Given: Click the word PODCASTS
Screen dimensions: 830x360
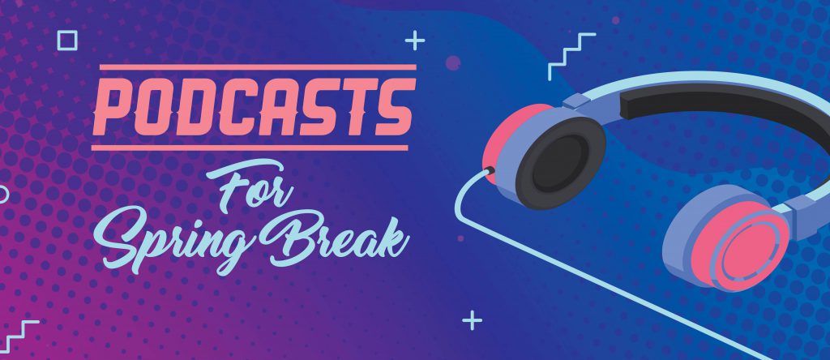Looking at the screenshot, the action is (x=254, y=107).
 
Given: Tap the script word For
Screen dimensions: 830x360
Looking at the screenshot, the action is (x=250, y=186).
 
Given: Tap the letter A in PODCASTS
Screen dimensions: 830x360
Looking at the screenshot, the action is (x=280, y=107).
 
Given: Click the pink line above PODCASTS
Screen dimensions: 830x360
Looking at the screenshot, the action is (x=258, y=67).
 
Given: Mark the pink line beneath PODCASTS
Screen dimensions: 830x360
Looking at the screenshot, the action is (x=250, y=148).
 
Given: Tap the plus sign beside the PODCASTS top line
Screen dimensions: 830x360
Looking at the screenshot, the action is (x=415, y=41).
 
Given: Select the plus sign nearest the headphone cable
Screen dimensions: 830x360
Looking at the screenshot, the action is (x=472, y=320).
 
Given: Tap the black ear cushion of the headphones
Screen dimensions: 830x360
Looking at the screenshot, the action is (x=560, y=163).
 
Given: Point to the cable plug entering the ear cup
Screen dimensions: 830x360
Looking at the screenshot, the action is (x=490, y=170).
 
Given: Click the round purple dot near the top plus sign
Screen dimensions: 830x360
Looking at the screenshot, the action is (x=452, y=63).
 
